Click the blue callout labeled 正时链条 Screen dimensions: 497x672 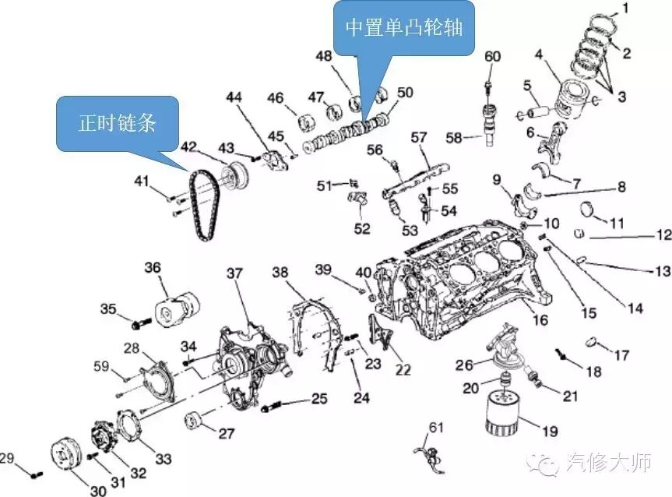117,123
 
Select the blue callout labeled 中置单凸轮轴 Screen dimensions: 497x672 403,30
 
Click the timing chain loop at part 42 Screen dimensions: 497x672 204,204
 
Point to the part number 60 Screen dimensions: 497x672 493,57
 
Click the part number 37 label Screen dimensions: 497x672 234,273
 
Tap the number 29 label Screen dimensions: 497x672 8,458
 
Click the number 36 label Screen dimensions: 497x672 152,268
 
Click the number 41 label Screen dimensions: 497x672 141,182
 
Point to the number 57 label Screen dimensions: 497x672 419,137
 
